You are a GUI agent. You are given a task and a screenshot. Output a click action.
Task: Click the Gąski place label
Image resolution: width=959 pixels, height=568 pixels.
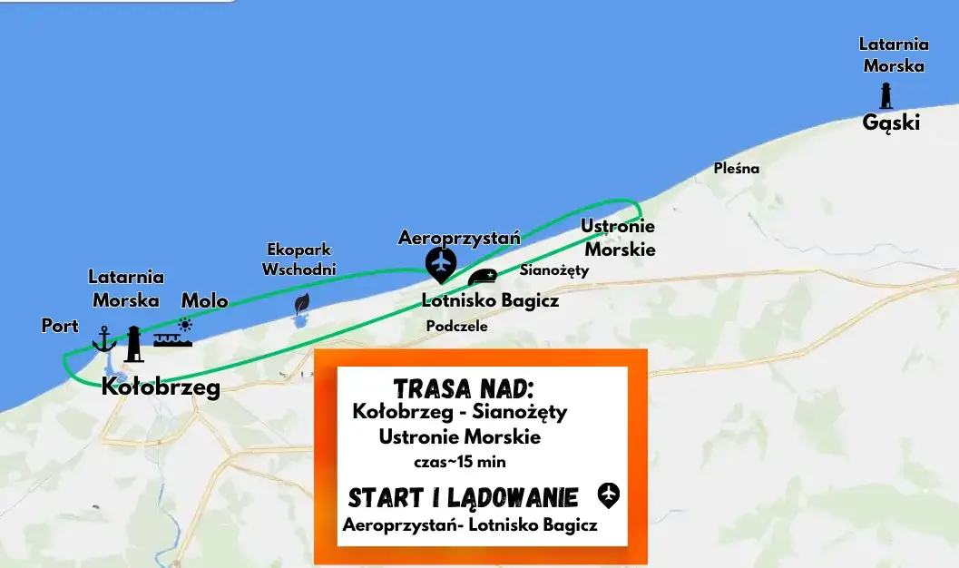pyautogui.click(x=891, y=122)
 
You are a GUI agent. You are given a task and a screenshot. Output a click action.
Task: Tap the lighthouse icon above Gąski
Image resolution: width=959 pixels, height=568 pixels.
pyautogui.click(x=886, y=95)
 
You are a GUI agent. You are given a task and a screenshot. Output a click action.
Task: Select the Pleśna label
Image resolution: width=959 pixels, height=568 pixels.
pyautogui.click(x=736, y=168)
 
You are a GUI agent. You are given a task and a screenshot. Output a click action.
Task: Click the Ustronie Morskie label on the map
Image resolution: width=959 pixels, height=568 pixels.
pyautogui.click(x=618, y=238)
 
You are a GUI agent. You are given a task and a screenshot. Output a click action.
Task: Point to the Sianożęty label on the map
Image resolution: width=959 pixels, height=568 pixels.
pyautogui.click(x=554, y=269)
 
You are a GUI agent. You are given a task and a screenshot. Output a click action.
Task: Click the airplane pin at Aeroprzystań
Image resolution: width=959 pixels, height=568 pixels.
pyautogui.click(x=442, y=264)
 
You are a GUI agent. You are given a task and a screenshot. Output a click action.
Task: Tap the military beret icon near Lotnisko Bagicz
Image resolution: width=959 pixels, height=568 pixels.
pyautogui.click(x=482, y=277)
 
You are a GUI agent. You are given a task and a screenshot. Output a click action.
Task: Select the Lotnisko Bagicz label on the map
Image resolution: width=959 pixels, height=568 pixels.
pyautogui.click(x=490, y=300)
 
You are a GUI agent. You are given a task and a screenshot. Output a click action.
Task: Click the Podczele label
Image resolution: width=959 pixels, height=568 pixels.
pyautogui.click(x=457, y=326)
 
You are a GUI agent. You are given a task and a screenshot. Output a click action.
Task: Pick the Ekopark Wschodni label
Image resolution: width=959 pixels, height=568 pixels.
pyautogui.click(x=299, y=259)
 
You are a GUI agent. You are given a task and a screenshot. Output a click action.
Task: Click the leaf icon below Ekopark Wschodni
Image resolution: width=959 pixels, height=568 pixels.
pyautogui.click(x=302, y=303)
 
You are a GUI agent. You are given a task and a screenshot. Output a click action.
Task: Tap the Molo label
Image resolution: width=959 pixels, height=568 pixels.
pyautogui.click(x=204, y=300)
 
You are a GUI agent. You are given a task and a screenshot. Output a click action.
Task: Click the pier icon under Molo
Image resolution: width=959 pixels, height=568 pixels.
pyautogui.click(x=172, y=339)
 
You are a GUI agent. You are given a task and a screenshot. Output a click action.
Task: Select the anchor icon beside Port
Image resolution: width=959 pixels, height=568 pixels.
pyautogui.click(x=104, y=338)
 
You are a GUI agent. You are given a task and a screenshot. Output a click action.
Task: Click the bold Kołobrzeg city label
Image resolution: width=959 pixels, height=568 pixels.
pyautogui.click(x=161, y=387)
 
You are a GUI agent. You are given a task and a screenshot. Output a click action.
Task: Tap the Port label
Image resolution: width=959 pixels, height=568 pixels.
pyautogui.click(x=60, y=325)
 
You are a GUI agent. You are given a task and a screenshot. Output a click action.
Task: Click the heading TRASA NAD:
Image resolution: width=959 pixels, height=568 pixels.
pyautogui.click(x=463, y=389)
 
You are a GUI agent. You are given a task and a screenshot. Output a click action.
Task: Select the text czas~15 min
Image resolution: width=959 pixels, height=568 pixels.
pyautogui.click(x=459, y=462)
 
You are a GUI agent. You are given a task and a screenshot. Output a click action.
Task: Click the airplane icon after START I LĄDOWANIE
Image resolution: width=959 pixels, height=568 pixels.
pyautogui.click(x=609, y=495)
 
